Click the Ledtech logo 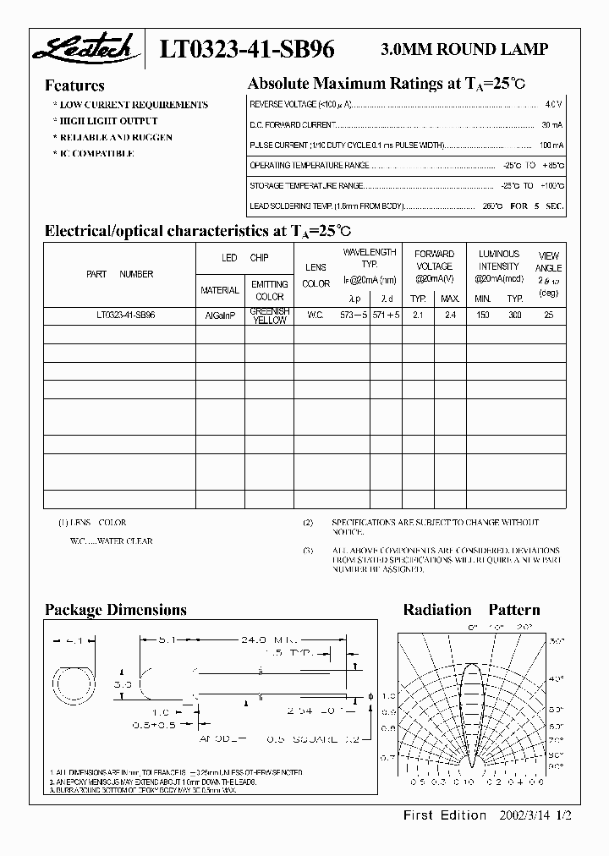pos(82,50)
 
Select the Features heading pos(74,85)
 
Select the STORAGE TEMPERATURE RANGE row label pos(306,185)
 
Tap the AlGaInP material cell pos(220,314)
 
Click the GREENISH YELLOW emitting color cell pos(270,315)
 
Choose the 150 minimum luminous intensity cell pos(483,314)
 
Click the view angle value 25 pos(548,314)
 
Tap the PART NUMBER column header pos(119,274)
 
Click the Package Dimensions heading pos(115,610)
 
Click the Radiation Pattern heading pos(471,610)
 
